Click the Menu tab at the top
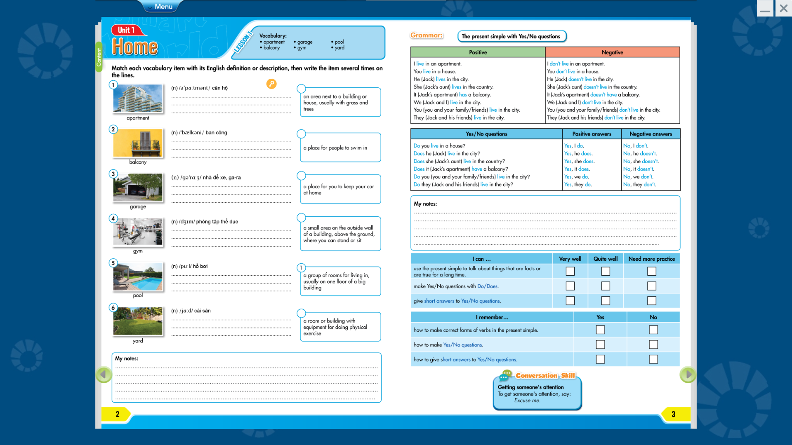point(163,7)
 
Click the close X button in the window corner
point(784,8)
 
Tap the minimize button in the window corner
point(765,8)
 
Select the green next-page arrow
point(688,375)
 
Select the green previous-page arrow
point(104,375)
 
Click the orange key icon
point(271,84)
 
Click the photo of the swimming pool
point(138,277)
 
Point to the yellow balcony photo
point(138,143)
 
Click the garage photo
point(138,187)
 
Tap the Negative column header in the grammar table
point(612,52)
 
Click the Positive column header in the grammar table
point(478,52)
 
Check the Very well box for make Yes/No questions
point(570,286)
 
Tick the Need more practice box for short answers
point(652,301)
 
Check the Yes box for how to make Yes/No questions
point(600,344)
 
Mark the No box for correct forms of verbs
point(653,330)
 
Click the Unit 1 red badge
point(127,30)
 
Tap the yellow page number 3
point(674,414)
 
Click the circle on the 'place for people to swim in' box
point(302,134)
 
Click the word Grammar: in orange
point(427,36)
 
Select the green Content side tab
point(99,57)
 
